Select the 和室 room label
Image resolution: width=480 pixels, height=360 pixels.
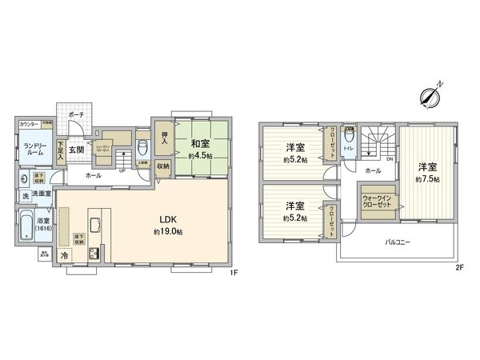[200, 145]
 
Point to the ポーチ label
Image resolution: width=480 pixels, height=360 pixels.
[77, 115]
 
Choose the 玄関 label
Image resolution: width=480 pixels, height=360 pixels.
[77, 150]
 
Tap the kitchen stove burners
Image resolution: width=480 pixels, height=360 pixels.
[93, 254]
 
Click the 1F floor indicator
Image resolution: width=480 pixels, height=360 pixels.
[234, 272]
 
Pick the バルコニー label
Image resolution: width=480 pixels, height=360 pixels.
[397, 241]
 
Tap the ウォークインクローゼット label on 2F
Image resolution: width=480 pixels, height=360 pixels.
[376, 201]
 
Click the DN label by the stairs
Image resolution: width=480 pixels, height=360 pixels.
[389, 159]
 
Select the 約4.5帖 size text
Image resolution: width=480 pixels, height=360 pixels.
[200, 156]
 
